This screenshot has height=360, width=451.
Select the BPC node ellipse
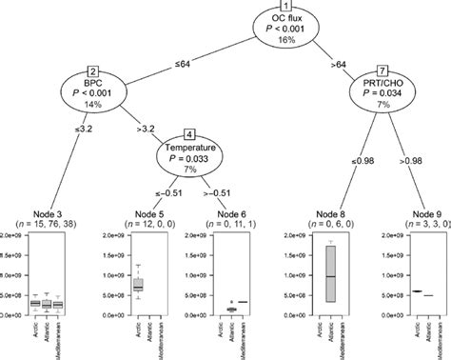tap(93, 89)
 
